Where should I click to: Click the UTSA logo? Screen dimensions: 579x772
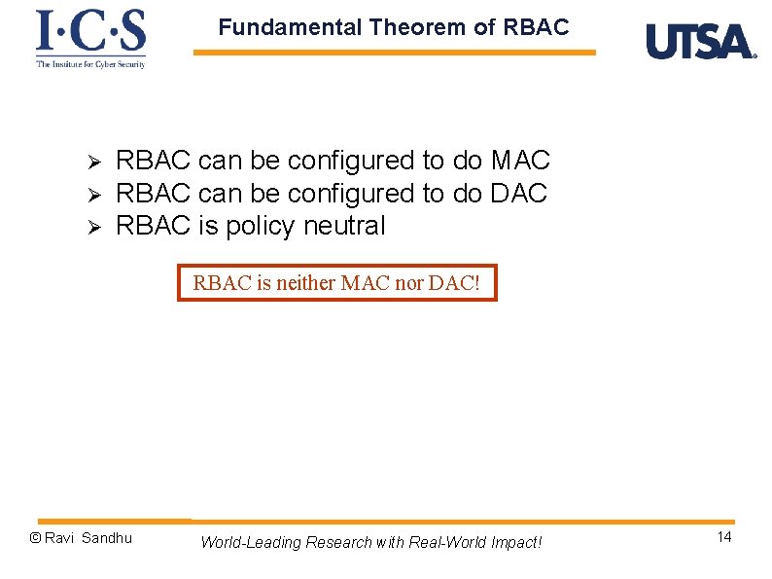click(700, 42)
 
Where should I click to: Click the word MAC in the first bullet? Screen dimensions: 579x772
click(520, 161)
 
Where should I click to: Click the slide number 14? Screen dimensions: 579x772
click(723, 538)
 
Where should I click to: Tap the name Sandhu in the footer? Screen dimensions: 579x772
click(107, 538)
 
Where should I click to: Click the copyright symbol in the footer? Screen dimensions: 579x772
click(35, 538)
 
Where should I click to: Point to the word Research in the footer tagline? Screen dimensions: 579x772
click(337, 542)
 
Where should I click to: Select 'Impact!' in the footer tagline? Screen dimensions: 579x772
click(511, 542)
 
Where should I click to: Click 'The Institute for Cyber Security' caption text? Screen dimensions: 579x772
click(90, 64)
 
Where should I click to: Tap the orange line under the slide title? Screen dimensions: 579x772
click(394, 53)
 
